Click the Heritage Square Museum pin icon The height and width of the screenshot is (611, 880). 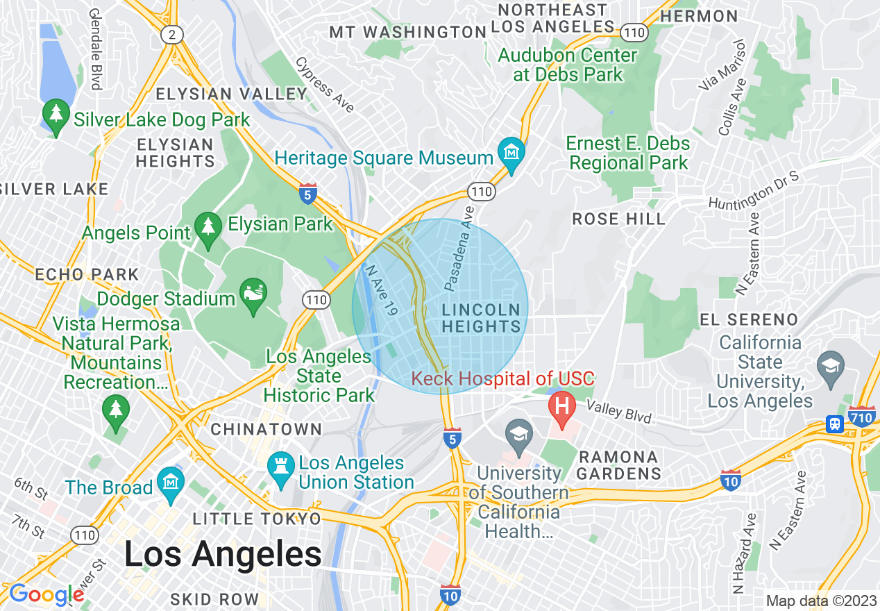[511, 151]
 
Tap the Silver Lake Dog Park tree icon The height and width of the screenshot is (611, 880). [56, 115]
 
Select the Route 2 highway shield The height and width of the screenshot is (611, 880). [170, 34]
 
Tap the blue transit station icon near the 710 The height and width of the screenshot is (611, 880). [835, 424]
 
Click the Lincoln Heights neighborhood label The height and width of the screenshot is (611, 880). [481, 317]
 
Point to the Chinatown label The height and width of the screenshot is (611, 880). [266, 429]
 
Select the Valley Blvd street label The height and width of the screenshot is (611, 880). [619, 412]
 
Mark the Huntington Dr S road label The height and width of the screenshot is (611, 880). [754, 188]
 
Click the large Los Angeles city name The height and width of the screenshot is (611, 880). [223, 553]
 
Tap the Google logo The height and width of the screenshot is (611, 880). [46, 594]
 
